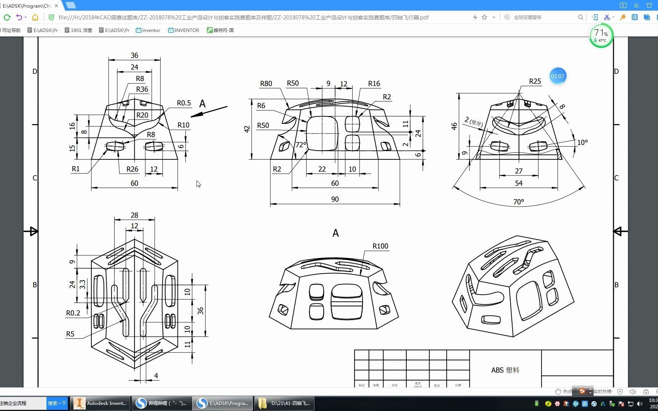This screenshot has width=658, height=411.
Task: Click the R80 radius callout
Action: (x=266, y=84)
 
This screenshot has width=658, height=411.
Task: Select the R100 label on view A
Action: (x=380, y=246)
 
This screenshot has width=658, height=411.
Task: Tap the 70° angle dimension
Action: (x=518, y=202)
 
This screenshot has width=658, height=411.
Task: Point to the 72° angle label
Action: (x=301, y=145)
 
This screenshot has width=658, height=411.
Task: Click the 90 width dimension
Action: (x=335, y=199)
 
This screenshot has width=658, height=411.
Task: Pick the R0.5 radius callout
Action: (x=184, y=103)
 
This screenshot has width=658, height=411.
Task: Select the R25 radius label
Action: (x=535, y=81)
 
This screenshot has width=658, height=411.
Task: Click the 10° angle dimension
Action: (x=582, y=142)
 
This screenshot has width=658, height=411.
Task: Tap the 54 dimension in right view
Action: (x=519, y=183)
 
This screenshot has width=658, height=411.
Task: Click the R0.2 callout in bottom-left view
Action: (x=73, y=313)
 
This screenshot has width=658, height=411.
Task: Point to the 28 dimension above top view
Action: (x=134, y=215)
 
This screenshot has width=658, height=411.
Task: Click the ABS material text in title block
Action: (x=505, y=370)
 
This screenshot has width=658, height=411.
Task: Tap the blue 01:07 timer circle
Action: (x=557, y=76)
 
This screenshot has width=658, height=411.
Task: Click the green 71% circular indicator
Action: (x=601, y=36)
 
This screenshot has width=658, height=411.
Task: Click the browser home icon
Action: (x=35, y=17)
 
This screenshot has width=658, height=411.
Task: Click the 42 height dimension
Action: (x=247, y=129)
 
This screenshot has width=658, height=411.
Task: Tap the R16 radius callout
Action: (x=374, y=84)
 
